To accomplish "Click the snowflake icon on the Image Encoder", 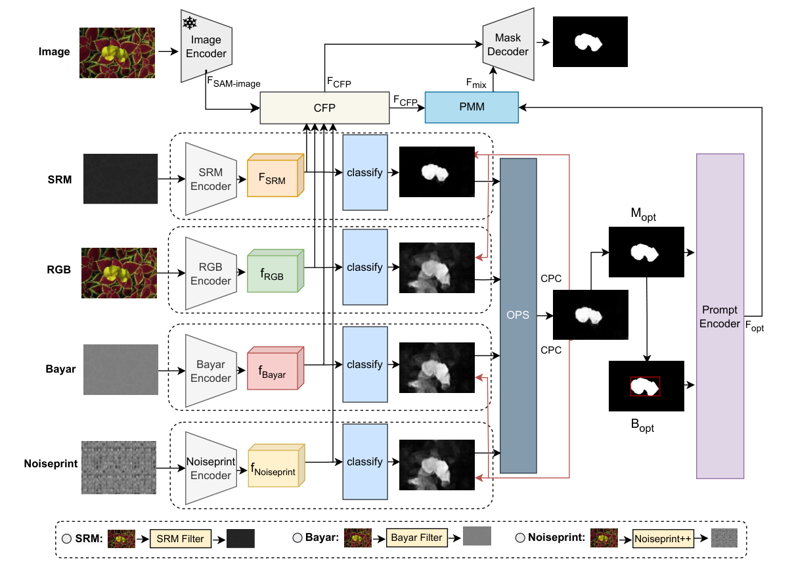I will pyautogui.click(x=190, y=24).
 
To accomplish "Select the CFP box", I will pyautogui.click(x=324, y=107).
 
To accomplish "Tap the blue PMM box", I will pyautogui.click(x=472, y=106).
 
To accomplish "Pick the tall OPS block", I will pyautogui.click(x=518, y=315).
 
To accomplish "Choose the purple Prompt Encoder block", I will pyautogui.click(x=719, y=316).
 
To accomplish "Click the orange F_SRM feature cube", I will pyautogui.click(x=273, y=176).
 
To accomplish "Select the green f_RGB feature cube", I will pyautogui.click(x=273, y=271).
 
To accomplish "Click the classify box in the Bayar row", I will pyautogui.click(x=364, y=364).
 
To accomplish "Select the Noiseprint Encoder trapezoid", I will pyautogui.click(x=210, y=468).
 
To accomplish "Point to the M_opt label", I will pyautogui.click(x=644, y=216).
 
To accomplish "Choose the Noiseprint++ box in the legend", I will pyautogui.click(x=664, y=539).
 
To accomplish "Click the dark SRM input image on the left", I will pyautogui.click(x=120, y=178).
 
